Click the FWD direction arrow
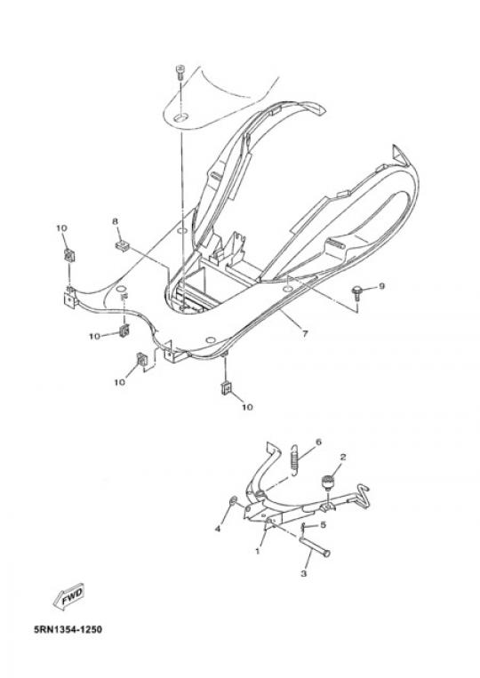pyautogui.click(x=68, y=598)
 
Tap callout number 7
pyautogui.click(x=305, y=333)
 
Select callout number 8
pyautogui.click(x=115, y=221)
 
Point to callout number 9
pyautogui.click(x=381, y=286)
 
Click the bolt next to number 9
pyautogui.click(x=358, y=291)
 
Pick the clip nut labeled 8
pyautogui.click(x=123, y=246)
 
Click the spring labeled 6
pyautogui.click(x=294, y=460)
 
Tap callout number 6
pyautogui.click(x=319, y=443)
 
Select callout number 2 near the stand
pyautogui.click(x=343, y=457)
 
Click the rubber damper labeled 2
pyautogui.click(x=328, y=482)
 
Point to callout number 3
pyautogui.click(x=304, y=574)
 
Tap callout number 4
pyautogui.click(x=218, y=529)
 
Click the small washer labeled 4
pyautogui.click(x=233, y=500)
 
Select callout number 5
pyautogui.click(x=323, y=525)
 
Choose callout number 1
pyautogui.click(x=258, y=551)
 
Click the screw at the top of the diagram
pyautogui.click(x=180, y=72)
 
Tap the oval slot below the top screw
pyautogui.click(x=180, y=116)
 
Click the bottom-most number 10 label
pyautogui.click(x=247, y=407)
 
